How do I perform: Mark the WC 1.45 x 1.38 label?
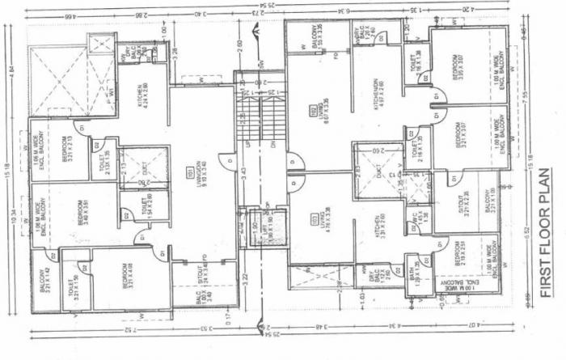pos(420,220)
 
